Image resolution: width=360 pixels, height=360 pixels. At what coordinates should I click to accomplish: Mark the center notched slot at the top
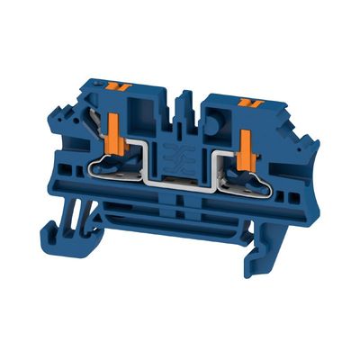tap(187, 99)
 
